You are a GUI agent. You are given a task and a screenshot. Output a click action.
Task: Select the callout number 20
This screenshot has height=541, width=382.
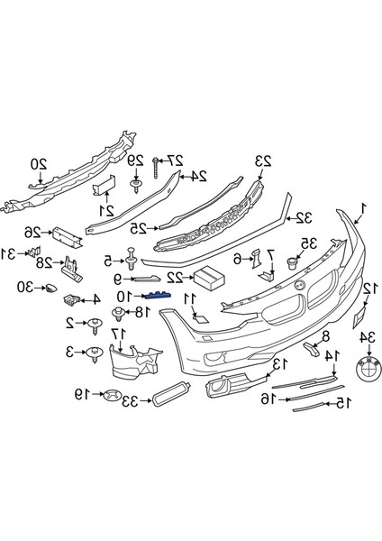[x=38, y=164]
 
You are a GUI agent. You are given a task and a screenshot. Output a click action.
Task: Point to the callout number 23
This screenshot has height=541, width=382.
[x=262, y=162]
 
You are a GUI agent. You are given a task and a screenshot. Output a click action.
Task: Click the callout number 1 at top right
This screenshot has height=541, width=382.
[x=362, y=210]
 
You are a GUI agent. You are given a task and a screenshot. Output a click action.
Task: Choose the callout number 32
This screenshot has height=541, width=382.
[x=304, y=216]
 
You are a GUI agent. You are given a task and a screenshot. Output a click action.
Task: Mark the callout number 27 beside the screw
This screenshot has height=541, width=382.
[x=177, y=160]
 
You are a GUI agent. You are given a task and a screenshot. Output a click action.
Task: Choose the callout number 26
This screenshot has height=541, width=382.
[x=33, y=230]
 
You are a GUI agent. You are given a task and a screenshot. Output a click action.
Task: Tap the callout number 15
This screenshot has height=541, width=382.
[x=340, y=405]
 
